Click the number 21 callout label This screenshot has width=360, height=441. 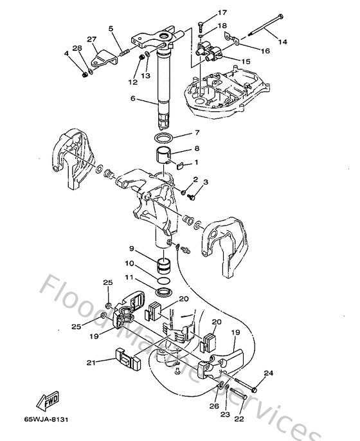coord(92,363)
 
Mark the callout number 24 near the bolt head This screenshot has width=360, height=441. coord(269,373)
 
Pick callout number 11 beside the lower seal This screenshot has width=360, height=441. coord(129,278)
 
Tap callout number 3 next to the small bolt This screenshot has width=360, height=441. coord(205,183)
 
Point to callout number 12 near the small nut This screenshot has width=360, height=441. coord(131,82)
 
